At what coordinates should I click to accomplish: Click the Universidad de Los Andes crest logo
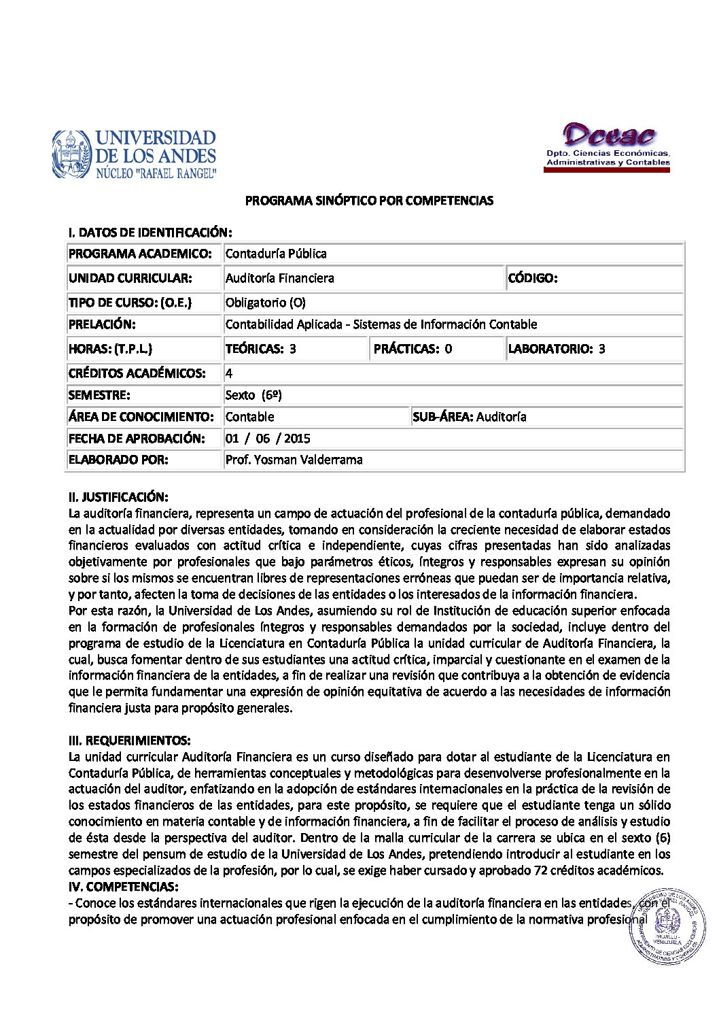pyautogui.click(x=72, y=154)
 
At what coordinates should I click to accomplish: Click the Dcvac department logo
pyautogui.click(x=608, y=146)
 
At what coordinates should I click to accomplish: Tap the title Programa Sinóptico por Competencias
pyautogui.click(x=369, y=201)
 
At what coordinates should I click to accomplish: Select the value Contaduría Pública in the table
pyautogui.click(x=276, y=254)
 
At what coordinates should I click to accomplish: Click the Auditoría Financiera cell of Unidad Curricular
pyautogui.click(x=280, y=278)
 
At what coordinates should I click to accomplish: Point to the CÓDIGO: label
pyautogui.click(x=533, y=278)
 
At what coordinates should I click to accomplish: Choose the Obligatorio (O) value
pyautogui.click(x=266, y=303)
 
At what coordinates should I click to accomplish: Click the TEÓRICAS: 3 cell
pyautogui.click(x=261, y=349)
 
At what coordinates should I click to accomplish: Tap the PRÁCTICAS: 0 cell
pyautogui.click(x=413, y=349)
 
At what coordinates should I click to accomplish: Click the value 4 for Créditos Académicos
pyautogui.click(x=229, y=373)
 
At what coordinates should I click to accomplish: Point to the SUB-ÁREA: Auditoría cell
pyautogui.click(x=470, y=417)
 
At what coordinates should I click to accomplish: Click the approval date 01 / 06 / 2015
pyautogui.click(x=268, y=439)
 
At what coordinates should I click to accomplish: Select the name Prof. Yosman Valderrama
pyautogui.click(x=294, y=460)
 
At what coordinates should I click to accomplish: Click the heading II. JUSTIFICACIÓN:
pyautogui.click(x=118, y=497)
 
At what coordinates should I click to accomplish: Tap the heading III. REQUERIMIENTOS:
pyautogui.click(x=130, y=741)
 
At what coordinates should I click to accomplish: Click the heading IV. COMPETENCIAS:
pyautogui.click(x=124, y=887)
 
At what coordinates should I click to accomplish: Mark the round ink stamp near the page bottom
pyautogui.click(x=667, y=926)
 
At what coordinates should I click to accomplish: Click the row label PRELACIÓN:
pyautogui.click(x=102, y=324)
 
